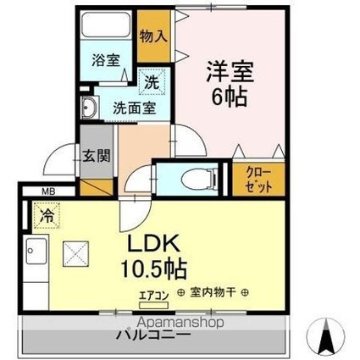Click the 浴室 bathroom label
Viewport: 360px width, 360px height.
click(x=108, y=60)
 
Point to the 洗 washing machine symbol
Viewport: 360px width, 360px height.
click(x=150, y=83)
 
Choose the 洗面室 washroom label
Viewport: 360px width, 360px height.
click(x=134, y=108)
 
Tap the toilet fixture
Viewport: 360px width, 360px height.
click(x=197, y=179)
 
